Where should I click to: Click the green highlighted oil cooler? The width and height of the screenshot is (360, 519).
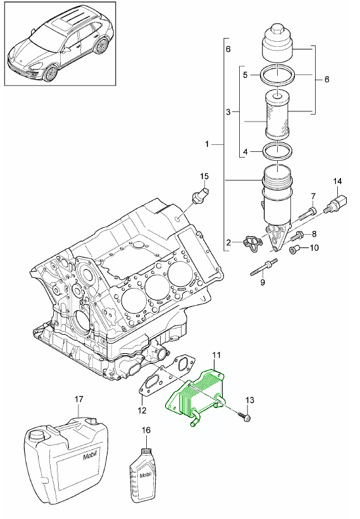[196, 397]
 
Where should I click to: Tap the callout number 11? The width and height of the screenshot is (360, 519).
[216, 356]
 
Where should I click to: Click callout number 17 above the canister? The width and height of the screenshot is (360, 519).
[78, 399]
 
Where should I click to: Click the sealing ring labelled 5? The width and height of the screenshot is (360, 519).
[277, 76]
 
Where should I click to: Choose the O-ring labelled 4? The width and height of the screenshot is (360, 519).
[277, 151]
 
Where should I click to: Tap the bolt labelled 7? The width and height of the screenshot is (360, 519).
[307, 213]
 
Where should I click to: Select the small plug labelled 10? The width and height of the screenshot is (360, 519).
[294, 249]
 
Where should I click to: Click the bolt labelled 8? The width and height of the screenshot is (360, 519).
[298, 236]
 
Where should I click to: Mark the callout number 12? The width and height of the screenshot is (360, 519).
[142, 410]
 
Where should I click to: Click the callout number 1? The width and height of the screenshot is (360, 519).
[207, 144]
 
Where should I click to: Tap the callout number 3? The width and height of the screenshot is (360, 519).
[228, 112]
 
